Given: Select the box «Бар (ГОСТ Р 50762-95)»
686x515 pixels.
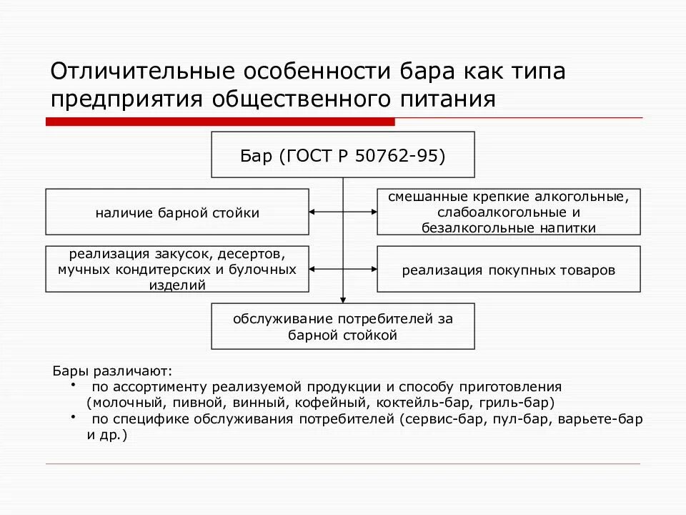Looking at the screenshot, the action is [343, 154].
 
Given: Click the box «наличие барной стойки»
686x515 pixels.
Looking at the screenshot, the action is [177, 212].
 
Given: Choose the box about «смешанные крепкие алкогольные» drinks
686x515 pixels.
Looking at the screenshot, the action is [509, 212].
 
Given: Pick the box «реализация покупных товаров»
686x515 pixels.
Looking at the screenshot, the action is [509, 270].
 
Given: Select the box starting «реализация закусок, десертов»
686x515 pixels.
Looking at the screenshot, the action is [177, 269].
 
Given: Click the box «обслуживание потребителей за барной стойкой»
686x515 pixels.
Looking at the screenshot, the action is [343, 326].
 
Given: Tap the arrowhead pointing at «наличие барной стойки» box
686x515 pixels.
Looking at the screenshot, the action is [314, 212].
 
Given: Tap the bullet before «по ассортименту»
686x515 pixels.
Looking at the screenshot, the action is [74, 385].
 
